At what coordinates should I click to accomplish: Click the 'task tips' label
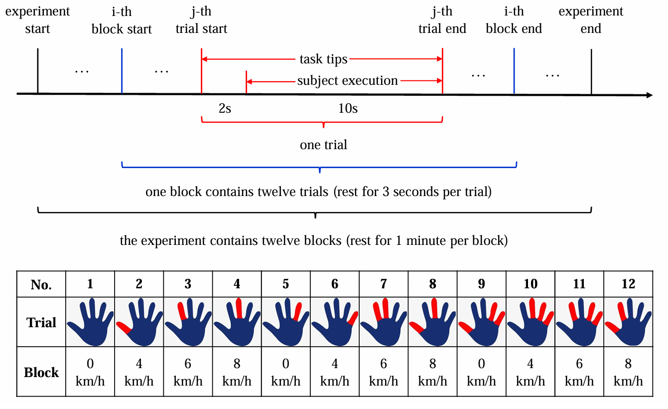pos(323,59)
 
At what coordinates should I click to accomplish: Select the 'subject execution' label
pos(347,81)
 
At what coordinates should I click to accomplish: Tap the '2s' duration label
pos(225,108)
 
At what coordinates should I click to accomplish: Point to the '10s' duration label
pos(348,108)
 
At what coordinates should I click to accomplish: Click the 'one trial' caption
pos(324,145)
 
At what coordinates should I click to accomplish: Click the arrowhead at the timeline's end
pos(650,95)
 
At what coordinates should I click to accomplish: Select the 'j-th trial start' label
pos(201,20)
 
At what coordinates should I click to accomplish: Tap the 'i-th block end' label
pos(514,20)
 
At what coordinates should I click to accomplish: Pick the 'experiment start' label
pos(37,20)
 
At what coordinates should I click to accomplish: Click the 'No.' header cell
pos(41,284)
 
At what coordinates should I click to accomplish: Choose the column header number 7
pos(384,284)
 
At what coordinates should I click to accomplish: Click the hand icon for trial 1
pos(90,322)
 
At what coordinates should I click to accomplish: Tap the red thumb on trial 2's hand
pos(124,328)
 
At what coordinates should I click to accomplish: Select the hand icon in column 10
pos(530,322)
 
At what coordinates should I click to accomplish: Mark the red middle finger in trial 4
pos(239,308)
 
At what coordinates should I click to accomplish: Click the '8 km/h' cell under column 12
pos(628,372)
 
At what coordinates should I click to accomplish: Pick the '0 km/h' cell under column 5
pos(286,372)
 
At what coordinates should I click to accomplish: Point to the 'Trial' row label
pos(41,322)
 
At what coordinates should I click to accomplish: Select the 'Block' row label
pos(41,373)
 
